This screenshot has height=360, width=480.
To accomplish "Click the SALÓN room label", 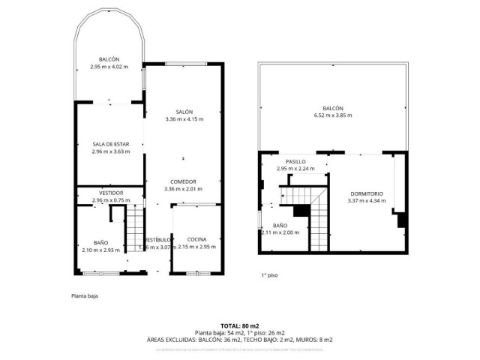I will coord(184,111).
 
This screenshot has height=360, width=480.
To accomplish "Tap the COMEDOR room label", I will coord(183,181).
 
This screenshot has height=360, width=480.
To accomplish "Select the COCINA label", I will coord(196,239).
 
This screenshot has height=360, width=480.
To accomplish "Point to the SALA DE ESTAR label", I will coord(108,144).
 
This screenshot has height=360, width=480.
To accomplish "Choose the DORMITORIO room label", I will coord(367,193).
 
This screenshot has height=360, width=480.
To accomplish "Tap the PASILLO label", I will coord(295,161).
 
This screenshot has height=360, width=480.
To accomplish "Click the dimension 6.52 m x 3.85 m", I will coord(332,115).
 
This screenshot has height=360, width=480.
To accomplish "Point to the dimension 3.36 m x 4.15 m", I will coord(184,118).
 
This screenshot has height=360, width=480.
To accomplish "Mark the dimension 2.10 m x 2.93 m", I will coord(100,250).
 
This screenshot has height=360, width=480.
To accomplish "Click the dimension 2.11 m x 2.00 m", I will coord(280,232).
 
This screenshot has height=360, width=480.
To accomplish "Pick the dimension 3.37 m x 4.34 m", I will coord(367,201).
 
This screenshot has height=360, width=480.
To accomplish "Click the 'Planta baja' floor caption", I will coord(85,296).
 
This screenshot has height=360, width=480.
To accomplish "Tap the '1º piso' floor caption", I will coord(269,276).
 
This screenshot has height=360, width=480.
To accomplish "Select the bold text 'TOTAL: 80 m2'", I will coord(239,325).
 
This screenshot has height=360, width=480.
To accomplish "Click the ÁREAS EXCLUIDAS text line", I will coord(239,340).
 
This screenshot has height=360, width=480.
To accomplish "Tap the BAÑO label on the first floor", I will coord(280,225).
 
